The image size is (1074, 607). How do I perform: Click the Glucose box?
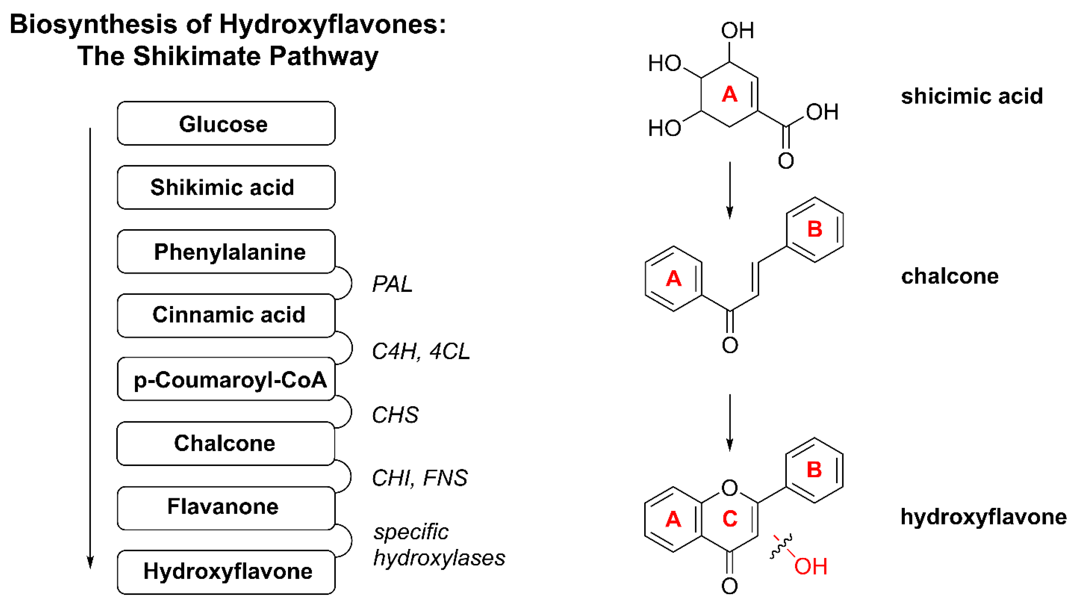(x=226, y=123)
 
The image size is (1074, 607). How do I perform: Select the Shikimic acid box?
(x=226, y=187)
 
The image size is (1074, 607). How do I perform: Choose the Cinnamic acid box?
(x=226, y=315)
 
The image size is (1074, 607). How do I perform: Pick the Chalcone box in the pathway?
(x=225, y=443)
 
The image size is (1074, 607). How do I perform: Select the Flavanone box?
(x=226, y=507)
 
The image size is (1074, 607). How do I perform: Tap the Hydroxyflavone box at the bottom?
(x=226, y=572)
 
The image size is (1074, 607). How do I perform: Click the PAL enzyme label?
(x=392, y=284)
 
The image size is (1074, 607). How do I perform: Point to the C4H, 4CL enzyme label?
(x=420, y=351)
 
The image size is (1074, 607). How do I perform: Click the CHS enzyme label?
(x=395, y=415)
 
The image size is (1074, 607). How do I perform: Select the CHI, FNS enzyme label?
(x=419, y=478)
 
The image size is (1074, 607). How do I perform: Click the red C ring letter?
(x=730, y=519)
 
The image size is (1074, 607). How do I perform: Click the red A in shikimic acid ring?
(x=730, y=94)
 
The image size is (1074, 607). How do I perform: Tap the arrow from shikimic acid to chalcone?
(x=730, y=190)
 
